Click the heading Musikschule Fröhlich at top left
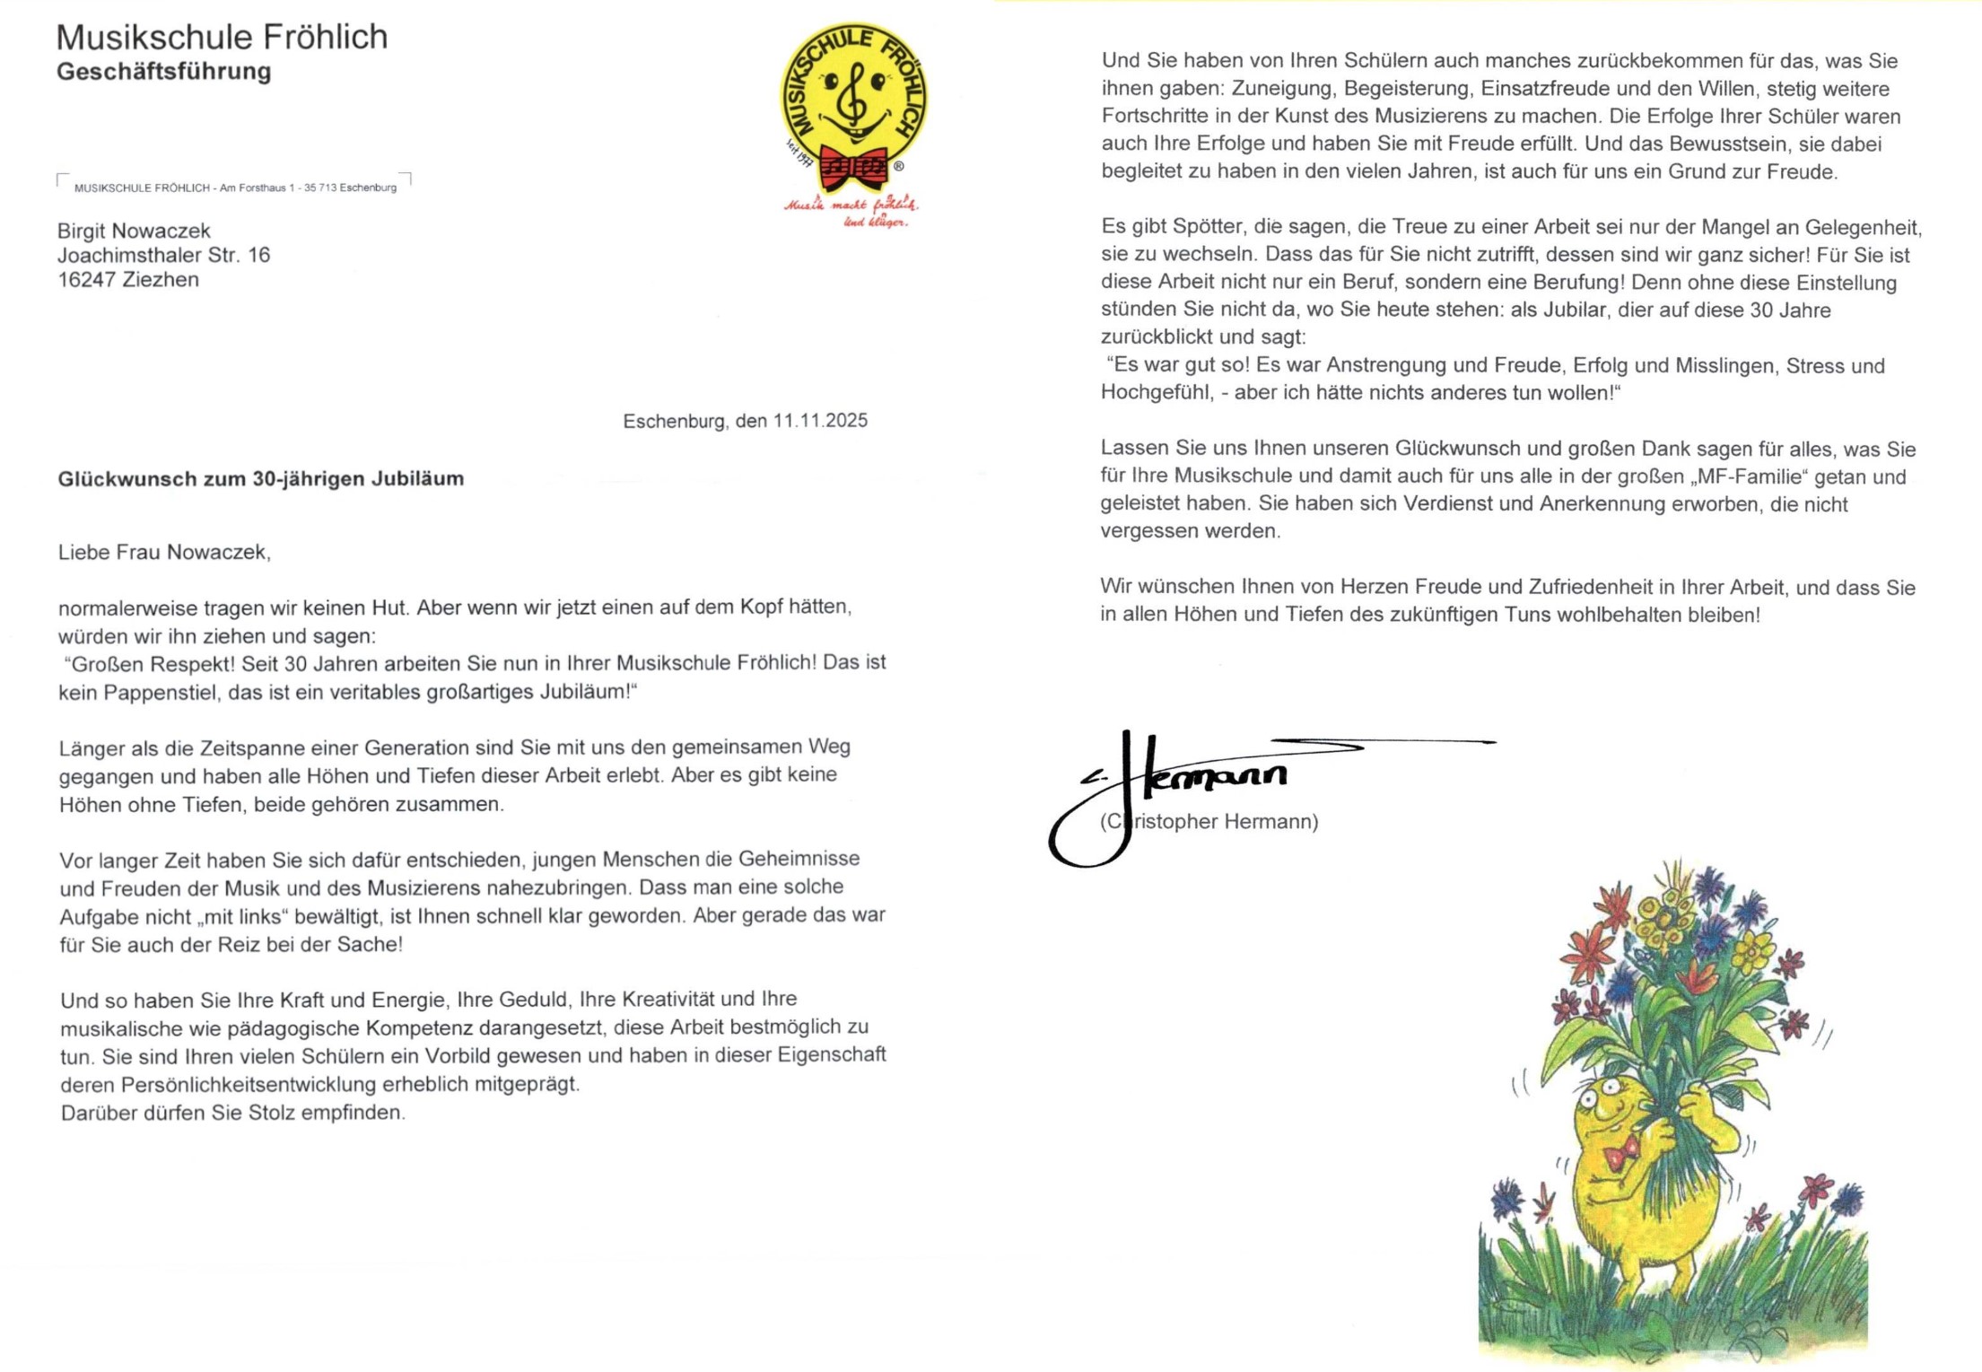tap(222, 37)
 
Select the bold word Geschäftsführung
tap(163, 71)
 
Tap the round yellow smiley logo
tap(853, 99)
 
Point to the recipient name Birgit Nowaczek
tap(134, 231)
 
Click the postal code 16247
tap(86, 279)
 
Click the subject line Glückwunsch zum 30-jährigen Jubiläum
tap(260, 478)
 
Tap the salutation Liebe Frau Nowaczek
tap(164, 552)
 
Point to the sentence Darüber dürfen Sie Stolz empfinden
tap(232, 1112)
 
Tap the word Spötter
tap(1208, 227)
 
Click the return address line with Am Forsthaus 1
tap(235, 188)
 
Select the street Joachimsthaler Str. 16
tap(163, 255)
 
